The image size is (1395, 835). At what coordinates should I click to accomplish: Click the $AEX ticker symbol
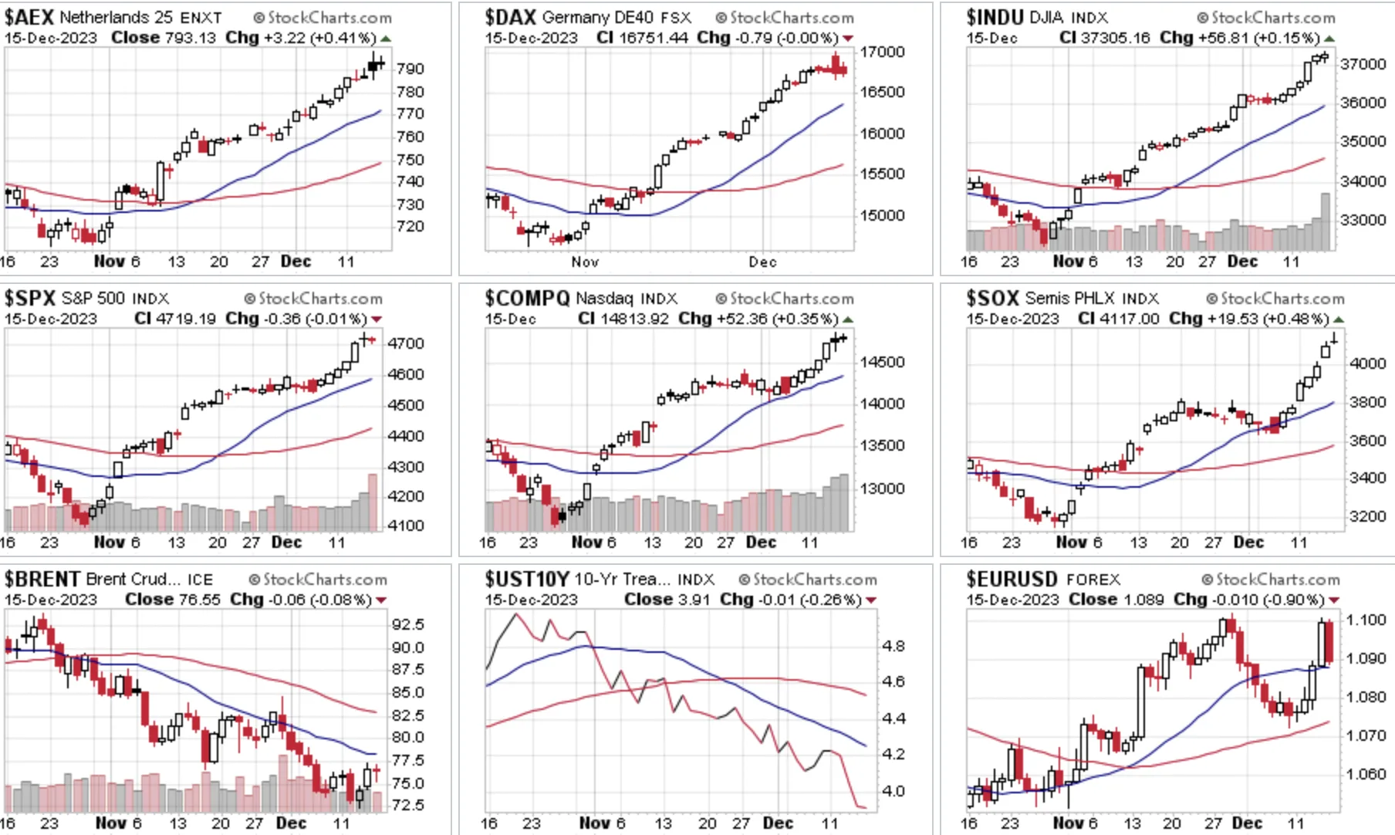tap(29, 17)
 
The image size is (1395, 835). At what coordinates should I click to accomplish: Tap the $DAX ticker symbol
tap(510, 17)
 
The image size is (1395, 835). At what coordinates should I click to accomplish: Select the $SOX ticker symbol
tap(993, 298)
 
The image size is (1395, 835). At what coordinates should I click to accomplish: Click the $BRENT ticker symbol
tap(42, 579)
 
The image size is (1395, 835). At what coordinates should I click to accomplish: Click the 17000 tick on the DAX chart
tap(883, 52)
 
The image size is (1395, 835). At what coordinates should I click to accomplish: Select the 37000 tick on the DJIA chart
tap(1364, 64)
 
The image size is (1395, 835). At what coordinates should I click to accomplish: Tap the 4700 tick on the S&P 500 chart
tap(406, 343)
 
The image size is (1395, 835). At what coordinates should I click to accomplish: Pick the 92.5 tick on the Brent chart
tap(408, 624)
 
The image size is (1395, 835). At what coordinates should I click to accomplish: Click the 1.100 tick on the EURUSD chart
tap(1366, 620)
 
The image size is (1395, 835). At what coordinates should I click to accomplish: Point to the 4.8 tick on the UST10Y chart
tap(893, 646)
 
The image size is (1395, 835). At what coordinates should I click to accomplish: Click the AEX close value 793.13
tap(190, 38)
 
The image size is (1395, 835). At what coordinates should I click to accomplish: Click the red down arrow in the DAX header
tap(848, 39)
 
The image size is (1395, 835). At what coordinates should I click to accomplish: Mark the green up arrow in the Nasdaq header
tap(848, 319)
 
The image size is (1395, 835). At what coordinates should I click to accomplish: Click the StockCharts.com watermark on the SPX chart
tap(313, 299)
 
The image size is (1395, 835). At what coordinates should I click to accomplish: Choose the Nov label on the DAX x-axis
tap(585, 262)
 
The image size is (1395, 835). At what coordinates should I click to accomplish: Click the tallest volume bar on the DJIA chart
tap(1326, 221)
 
